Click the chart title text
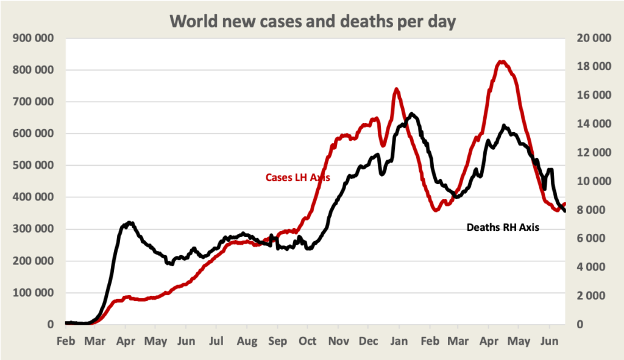point(312,21)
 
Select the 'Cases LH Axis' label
point(298,178)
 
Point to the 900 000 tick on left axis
point(32,38)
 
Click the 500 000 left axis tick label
point(32,165)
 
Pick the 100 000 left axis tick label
point(32,293)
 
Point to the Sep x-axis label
point(277,341)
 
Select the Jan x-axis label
point(399,341)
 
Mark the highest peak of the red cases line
point(502,62)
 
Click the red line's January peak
point(397,89)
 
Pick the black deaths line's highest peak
point(413,114)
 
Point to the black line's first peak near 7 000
point(129,223)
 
